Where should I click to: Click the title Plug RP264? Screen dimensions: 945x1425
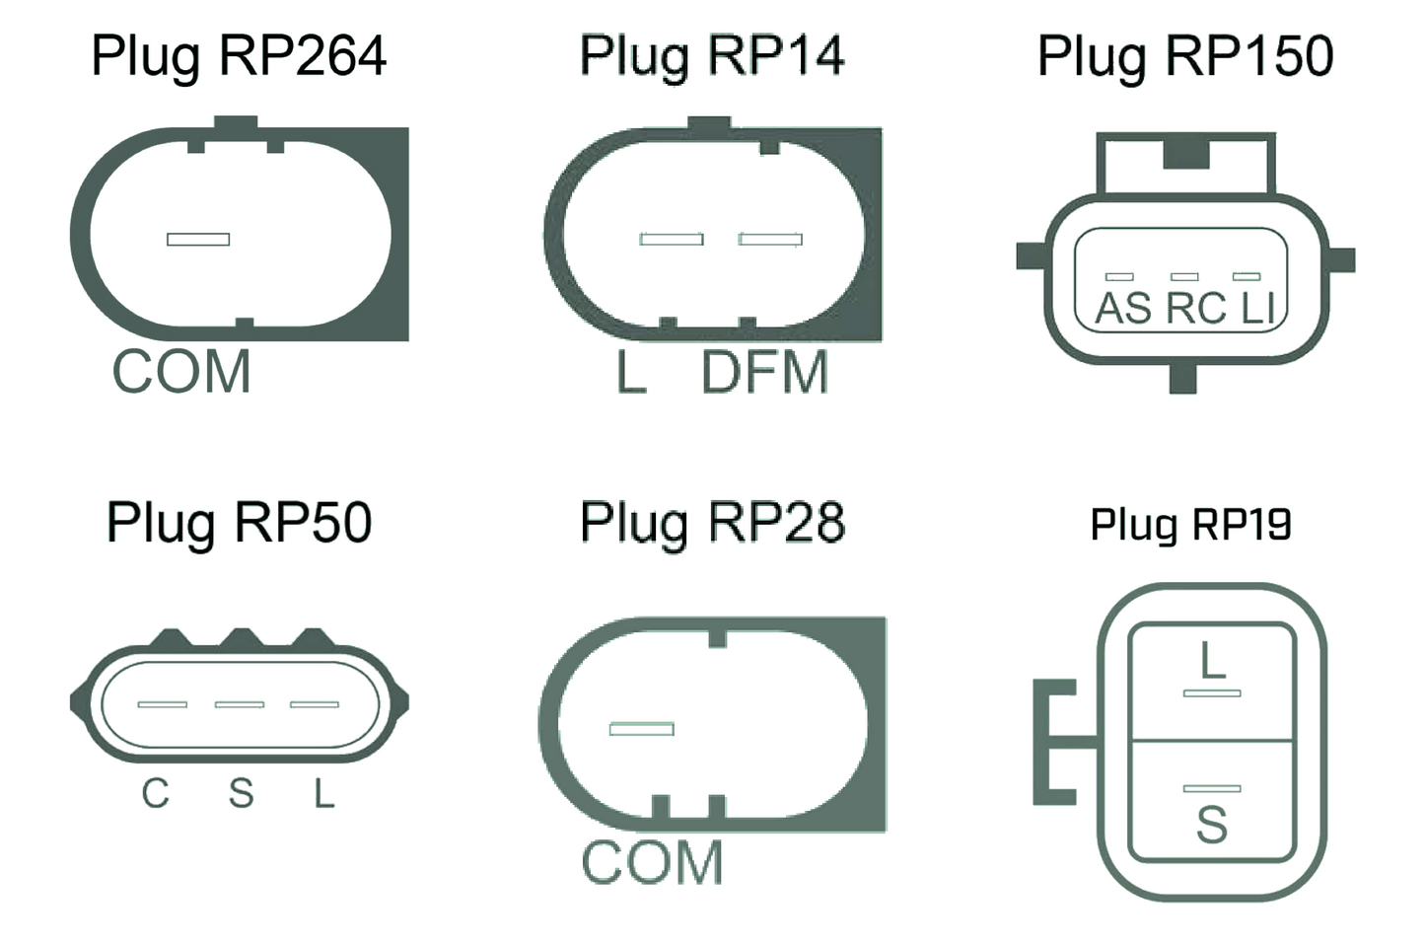click(239, 56)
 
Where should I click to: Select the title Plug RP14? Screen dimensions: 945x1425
click(711, 56)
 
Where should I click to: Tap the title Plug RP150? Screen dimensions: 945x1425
click(1184, 56)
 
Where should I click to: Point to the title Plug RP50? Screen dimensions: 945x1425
click(239, 523)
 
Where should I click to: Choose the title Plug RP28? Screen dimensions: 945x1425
click(712, 523)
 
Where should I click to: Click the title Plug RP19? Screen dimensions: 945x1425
click(1190, 525)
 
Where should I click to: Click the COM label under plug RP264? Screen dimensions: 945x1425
click(181, 373)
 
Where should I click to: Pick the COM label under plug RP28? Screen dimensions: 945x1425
click(652, 863)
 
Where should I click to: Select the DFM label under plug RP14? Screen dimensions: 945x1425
click(764, 373)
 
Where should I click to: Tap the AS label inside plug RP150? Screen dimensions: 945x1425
click(1122, 309)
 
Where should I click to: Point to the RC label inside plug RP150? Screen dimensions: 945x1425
click(1195, 309)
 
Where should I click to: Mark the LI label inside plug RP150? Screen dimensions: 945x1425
click(1258, 309)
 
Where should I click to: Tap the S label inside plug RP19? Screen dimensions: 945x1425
click(1212, 826)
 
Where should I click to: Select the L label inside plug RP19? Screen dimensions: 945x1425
click(1212, 661)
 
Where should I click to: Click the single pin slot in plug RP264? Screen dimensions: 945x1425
click(198, 239)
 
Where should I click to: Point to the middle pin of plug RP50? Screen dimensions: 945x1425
click(240, 704)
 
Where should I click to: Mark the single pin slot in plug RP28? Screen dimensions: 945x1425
click(641, 729)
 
